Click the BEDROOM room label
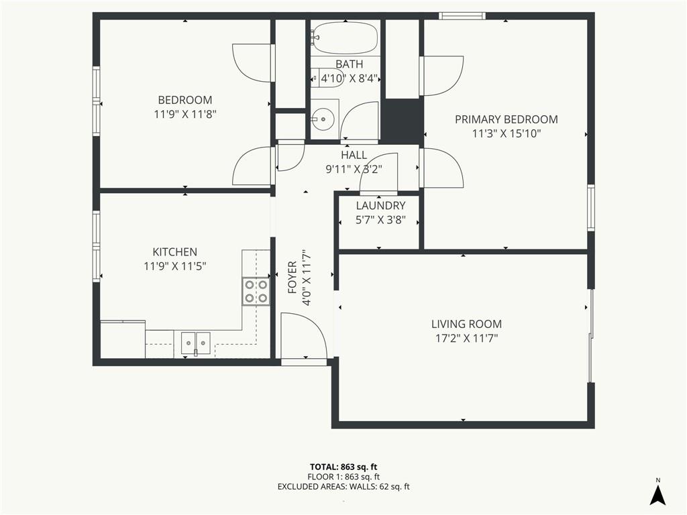point(185,100)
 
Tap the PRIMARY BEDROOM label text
point(506,119)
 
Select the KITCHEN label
point(175,252)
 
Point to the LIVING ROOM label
point(467,324)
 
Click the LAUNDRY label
point(380,205)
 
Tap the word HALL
point(354,155)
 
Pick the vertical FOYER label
point(293,277)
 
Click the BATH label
point(349,64)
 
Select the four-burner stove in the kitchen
point(256,291)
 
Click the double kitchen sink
point(196,343)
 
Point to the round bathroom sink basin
point(323,118)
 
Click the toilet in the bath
point(327,78)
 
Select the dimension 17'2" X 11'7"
point(467,338)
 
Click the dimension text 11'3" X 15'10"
point(506,133)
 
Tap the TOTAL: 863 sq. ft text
point(343,467)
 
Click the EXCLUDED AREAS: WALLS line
point(343,487)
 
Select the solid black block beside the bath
point(403,121)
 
